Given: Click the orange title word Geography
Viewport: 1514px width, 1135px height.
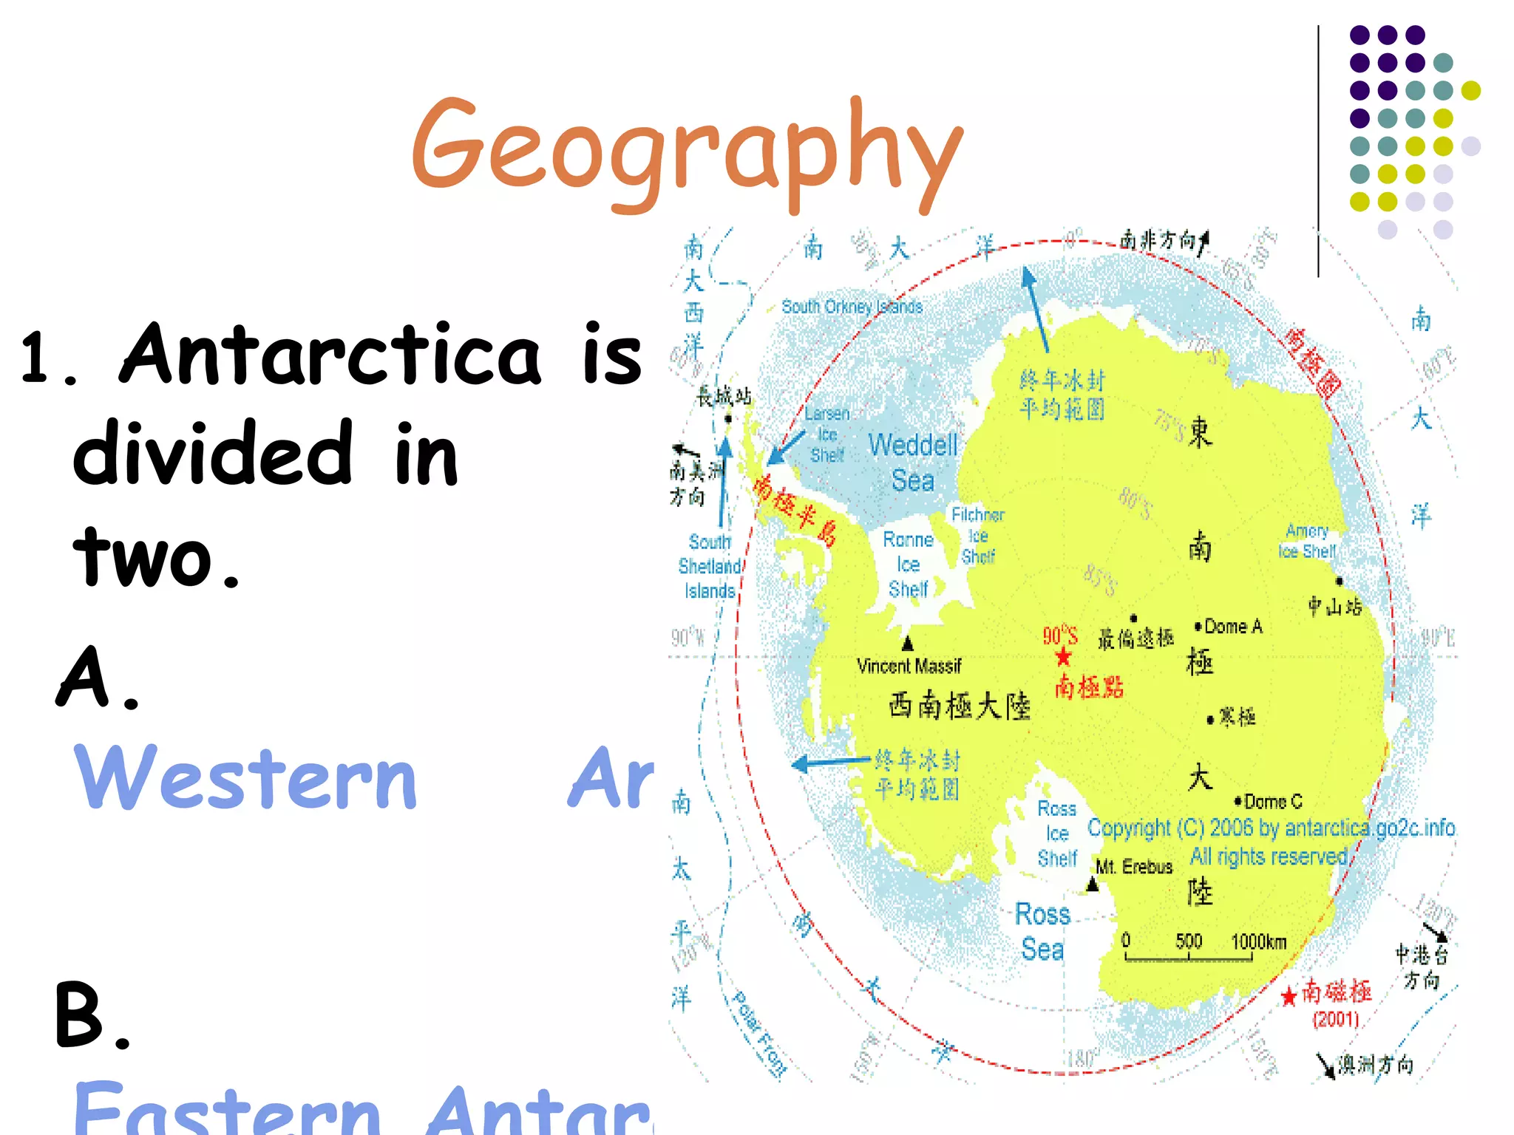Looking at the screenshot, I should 688,151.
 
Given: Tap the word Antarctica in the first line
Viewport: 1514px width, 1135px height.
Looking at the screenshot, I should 330,355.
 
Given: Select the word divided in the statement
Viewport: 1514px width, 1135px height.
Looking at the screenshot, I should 213,454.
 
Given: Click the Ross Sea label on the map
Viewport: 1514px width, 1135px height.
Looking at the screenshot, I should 1042,931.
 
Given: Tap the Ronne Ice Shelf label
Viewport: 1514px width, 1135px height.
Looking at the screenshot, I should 909,565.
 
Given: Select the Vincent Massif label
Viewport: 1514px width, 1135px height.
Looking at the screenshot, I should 909,666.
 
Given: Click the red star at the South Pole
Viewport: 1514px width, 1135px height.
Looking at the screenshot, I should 1063,657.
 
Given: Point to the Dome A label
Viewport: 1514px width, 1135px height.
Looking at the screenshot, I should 1233,627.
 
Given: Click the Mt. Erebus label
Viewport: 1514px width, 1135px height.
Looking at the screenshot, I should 1134,867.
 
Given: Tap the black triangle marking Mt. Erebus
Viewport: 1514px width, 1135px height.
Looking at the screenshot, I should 1093,885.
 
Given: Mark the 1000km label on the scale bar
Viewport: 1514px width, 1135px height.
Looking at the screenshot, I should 1259,941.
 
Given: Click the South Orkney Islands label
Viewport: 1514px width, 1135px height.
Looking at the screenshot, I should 852,307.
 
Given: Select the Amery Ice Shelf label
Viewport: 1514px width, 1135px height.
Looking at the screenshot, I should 1307,542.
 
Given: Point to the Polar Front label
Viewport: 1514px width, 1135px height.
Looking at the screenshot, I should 758,1035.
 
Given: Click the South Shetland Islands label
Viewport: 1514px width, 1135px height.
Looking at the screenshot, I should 710,567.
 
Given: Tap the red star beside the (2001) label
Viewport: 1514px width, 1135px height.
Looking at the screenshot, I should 1289,996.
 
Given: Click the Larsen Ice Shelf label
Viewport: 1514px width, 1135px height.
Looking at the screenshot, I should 827,435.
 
